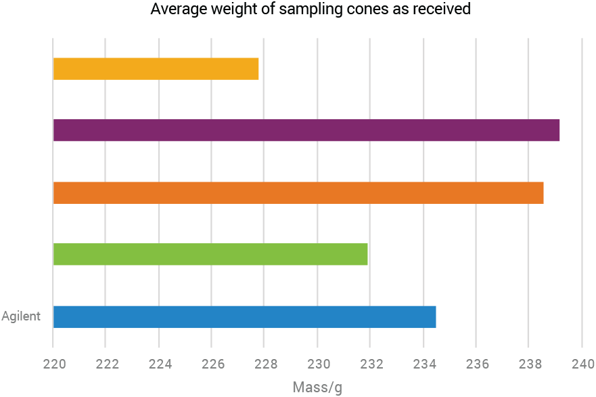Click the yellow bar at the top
click(x=156, y=69)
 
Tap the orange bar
click(x=298, y=193)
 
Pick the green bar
click(x=210, y=254)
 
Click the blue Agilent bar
click(x=244, y=317)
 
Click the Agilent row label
click(x=21, y=316)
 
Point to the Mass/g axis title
click(x=318, y=388)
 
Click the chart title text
click(x=311, y=10)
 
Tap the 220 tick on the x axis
click(x=53, y=364)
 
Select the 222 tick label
click(x=106, y=364)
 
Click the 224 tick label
click(x=159, y=364)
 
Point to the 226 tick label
click(x=212, y=364)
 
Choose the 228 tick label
click(x=265, y=364)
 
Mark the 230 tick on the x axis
click(x=318, y=364)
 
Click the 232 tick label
click(x=371, y=364)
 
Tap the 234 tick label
click(x=423, y=364)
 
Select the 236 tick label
click(x=477, y=364)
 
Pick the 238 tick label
click(x=530, y=364)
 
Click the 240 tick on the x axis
click(x=582, y=364)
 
